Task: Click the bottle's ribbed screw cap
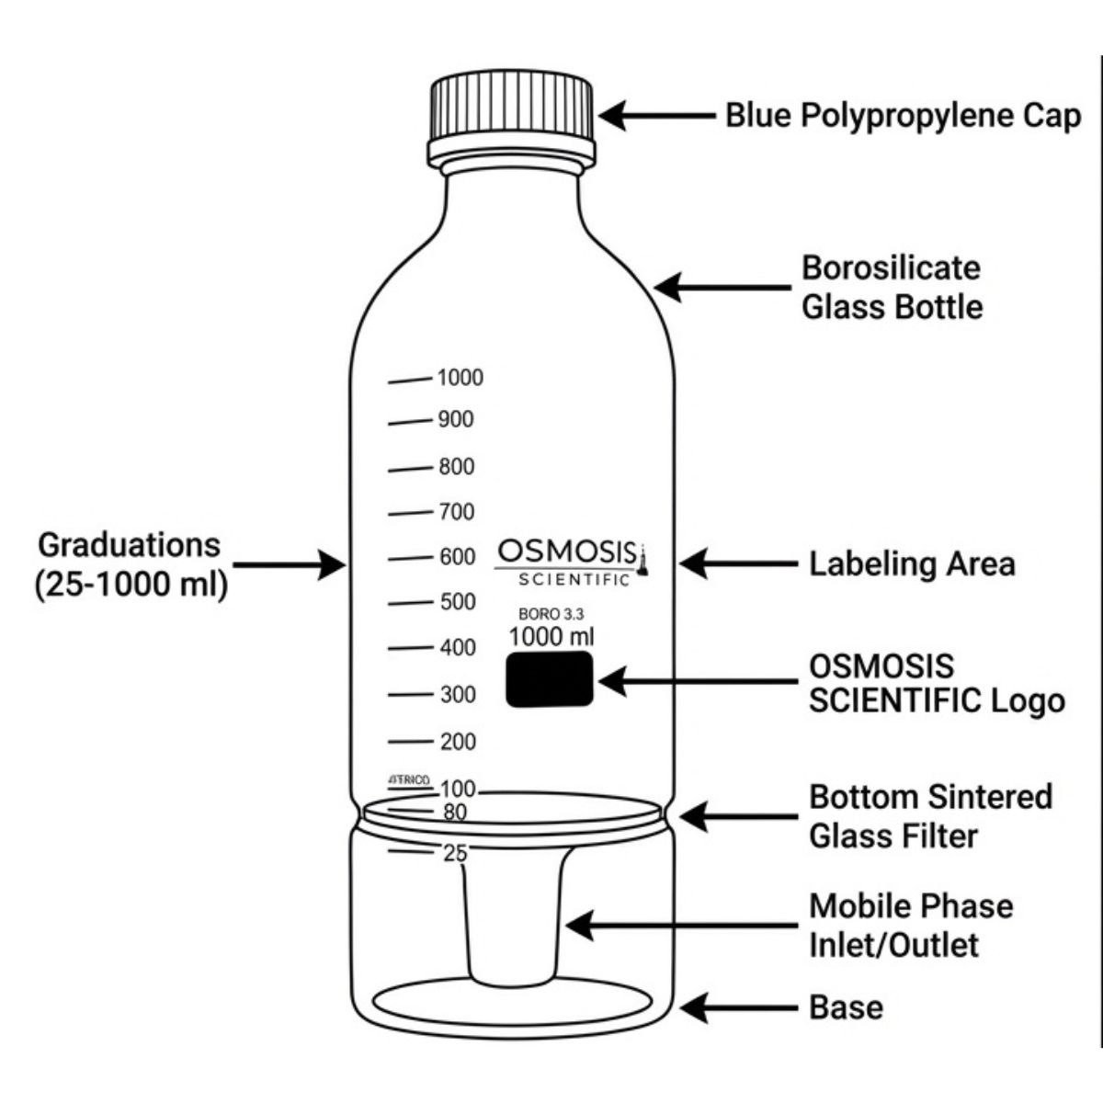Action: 511,110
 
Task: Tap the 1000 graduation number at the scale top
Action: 460,378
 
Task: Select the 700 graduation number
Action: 456,512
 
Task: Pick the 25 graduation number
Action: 455,854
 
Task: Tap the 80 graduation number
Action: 454,813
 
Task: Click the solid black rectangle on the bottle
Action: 549,680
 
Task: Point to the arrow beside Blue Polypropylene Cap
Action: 656,116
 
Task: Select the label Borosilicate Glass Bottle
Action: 891,287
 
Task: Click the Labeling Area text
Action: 911,563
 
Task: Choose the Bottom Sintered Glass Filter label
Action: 929,816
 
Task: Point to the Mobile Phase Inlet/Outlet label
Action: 910,926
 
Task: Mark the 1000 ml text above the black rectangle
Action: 551,636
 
